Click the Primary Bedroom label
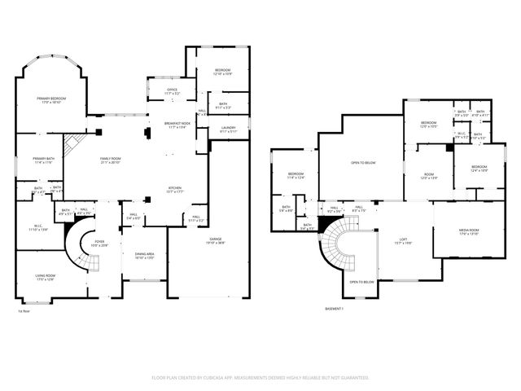pyautogui.click(x=50, y=98)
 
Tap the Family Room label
pyautogui.click(x=111, y=158)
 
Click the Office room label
pyautogui.click(x=172, y=90)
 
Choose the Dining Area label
pyautogui.click(x=144, y=253)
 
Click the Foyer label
pyautogui.click(x=99, y=241)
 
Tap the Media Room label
pyautogui.click(x=468, y=231)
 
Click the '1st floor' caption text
pyautogui.click(x=24, y=310)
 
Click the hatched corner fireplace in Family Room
pyautogui.click(x=73, y=144)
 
